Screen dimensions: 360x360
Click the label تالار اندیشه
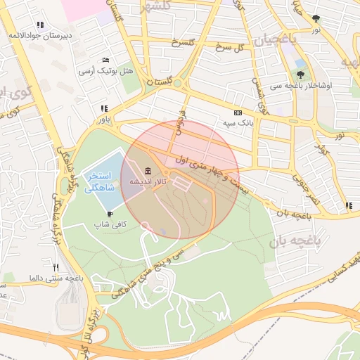pos(147,182)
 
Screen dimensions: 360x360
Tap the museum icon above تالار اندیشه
pos(147,171)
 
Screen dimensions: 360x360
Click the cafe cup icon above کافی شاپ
pos(110,213)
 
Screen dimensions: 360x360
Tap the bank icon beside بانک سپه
pos(238,112)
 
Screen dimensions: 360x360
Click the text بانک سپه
pos(238,123)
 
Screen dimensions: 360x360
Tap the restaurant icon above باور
pos(104,108)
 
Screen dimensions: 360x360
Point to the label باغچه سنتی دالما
pos(56,278)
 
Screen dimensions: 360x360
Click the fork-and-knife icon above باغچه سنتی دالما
pos(56,267)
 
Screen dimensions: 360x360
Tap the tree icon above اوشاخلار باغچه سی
pos(301,73)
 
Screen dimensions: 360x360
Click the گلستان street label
pos(159,82)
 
